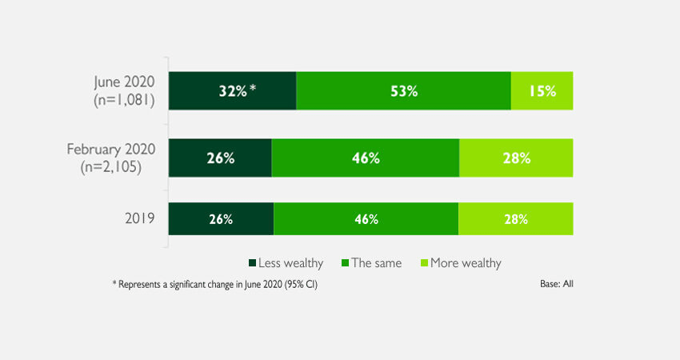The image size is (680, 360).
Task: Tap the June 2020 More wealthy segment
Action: [x=542, y=90]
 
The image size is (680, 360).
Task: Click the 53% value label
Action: [x=404, y=91]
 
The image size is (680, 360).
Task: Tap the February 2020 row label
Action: [x=113, y=158]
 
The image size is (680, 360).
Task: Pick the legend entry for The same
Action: [x=371, y=262]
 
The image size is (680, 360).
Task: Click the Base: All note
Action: [x=557, y=284]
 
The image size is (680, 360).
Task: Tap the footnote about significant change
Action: [x=220, y=284]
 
